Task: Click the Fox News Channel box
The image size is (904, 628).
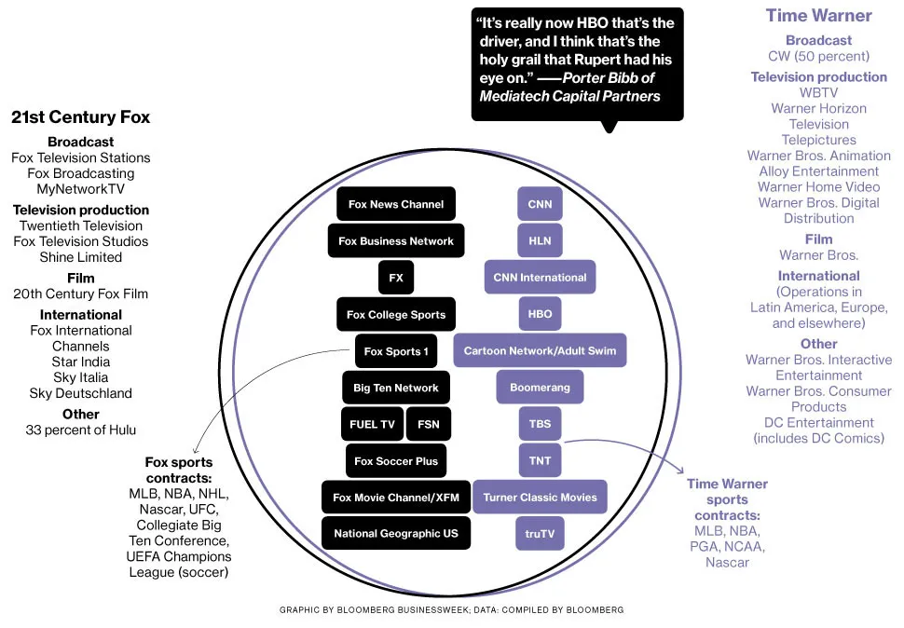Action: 396,204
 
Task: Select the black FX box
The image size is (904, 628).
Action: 396,278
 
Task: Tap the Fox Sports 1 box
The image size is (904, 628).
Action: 396,351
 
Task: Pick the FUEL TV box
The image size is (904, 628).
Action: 372,424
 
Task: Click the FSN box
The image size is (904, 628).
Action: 429,424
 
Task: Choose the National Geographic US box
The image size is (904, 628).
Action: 396,534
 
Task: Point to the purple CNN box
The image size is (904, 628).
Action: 540,204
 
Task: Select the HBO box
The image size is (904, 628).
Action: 540,314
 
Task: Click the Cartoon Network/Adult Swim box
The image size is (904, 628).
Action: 540,351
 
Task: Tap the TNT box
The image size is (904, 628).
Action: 540,460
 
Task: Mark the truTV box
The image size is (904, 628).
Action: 540,534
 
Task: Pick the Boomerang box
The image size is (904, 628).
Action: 540,388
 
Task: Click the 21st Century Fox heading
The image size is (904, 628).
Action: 80,117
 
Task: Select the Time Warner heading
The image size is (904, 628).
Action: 818,16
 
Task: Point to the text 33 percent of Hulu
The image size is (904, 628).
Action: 81,430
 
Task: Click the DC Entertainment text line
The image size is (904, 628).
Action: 818,423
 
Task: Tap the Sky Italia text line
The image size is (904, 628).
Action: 81,377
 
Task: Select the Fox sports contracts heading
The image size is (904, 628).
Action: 179,470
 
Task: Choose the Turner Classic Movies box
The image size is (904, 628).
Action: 540,498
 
